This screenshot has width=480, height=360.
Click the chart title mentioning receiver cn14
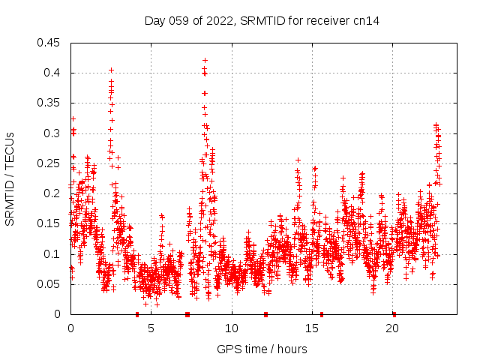click(x=262, y=21)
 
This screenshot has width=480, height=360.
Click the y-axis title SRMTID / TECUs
click(x=10, y=179)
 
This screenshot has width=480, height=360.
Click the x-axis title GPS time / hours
click(x=262, y=349)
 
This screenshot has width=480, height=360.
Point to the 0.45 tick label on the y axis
click(x=50, y=43)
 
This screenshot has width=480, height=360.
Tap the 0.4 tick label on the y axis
click(x=53, y=73)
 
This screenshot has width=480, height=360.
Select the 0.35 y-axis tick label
click(x=50, y=103)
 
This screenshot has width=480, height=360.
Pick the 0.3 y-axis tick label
click(x=53, y=133)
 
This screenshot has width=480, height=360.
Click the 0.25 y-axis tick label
click(x=50, y=163)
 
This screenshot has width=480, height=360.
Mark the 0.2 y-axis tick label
click(x=53, y=193)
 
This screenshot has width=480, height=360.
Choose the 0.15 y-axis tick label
click(x=50, y=223)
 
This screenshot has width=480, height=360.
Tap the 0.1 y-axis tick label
click(x=53, y=254)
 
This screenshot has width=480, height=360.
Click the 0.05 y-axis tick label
click(x=50, y=284)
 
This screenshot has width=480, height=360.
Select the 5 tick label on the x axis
click(x=151, y=328)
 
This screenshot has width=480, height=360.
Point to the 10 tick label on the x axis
click(x=232, y=328)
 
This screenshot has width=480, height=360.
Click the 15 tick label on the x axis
click(x=313, y=328)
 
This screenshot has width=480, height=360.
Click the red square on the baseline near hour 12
click(x=265, y=314)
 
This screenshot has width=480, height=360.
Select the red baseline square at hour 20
click(x=394, y=314)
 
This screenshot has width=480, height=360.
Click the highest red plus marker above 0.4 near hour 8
click(x=205, y=60)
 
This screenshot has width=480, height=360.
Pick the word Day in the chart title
click(x=154, y=21)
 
